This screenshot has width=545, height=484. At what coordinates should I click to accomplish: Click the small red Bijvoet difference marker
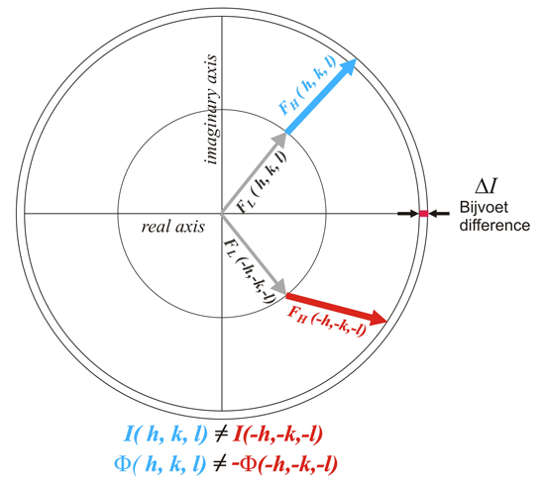click(x=423, y=214)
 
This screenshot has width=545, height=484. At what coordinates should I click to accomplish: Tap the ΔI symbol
click(x=487, y=186)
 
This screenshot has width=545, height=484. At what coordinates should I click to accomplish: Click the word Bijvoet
click(x=484, y=208)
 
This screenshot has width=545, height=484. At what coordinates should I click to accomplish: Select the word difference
click(x=494, y=226)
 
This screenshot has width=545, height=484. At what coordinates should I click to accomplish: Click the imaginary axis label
click(x=211, y=109)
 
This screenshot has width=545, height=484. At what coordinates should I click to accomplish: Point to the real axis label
click(x=173, y=227)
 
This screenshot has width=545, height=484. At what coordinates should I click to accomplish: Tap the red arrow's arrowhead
click(x=377, y=318)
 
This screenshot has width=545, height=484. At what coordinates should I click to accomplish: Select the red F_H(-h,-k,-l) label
click(x=327, y=321)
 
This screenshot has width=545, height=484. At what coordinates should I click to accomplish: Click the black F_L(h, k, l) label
click(x=262, y=183)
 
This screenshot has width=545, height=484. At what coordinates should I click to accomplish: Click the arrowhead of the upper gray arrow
click(x=279, y=141)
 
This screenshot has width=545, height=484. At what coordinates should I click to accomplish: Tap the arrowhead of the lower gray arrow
click(x=278, y=287)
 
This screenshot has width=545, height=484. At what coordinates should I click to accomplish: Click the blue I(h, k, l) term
click(x=165, y=434)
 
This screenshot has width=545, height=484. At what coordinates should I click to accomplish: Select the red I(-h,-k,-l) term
click(x=278, y=434)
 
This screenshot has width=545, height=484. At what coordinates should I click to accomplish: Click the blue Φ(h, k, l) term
click(x=161, y=464)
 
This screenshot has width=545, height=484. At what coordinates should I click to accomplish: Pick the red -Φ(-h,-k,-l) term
click(x=284, y=464)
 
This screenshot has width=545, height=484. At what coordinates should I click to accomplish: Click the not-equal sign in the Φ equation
click(x=219, y=464)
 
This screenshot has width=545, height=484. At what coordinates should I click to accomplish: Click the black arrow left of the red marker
click(x=408, y=214)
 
